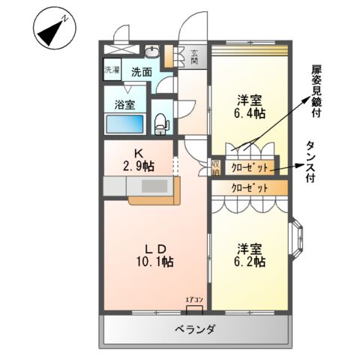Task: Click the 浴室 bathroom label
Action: tap(124, 104)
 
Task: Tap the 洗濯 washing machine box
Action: tap(112, 69)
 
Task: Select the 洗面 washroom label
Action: tap(141, 73)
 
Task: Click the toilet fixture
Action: tap(160, 122)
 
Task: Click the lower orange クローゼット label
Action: tap(249, 187)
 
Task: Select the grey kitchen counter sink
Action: tap(154, 187)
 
